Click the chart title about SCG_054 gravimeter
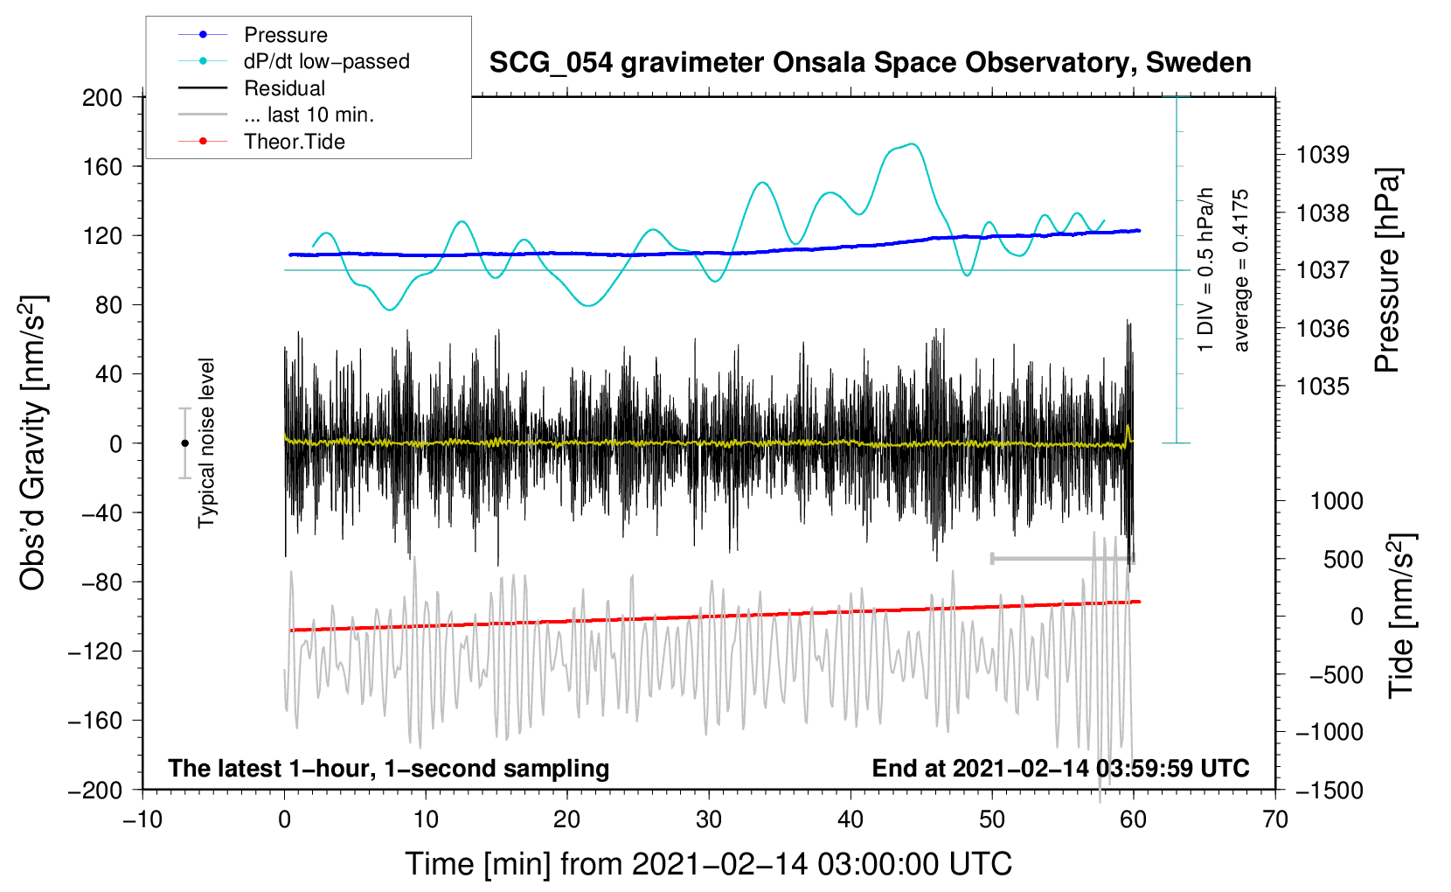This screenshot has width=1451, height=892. tap(870, 63)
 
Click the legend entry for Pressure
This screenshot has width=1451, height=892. tap(285, 35)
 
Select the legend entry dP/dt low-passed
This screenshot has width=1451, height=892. tap(326, 61)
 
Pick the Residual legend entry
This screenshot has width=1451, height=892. tap(284, 88)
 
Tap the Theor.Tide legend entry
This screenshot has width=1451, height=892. tap(294, 142)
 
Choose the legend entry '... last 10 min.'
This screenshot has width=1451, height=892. tap(309, 115)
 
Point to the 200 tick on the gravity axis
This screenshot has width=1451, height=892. tap(102, 97)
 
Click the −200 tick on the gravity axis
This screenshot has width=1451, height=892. tap(96, 790)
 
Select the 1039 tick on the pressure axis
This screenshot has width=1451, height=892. tap(1323, 155)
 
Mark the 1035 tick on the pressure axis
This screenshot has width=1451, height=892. tap(1323, 386)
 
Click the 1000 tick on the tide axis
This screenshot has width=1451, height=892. tap(1336, 501)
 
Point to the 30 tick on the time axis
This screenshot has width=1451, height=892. tap(709, 819)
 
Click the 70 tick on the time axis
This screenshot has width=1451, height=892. tap(1275, 819)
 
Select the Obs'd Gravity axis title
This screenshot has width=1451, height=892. tap(33, 443)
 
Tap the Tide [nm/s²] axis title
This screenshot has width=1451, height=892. tap(1402, 616)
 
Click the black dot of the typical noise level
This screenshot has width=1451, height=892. tap(184, 443)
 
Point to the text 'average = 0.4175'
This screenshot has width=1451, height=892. tap(1241, 270)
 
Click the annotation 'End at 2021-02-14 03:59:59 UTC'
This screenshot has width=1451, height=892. tap(1060, 768)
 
